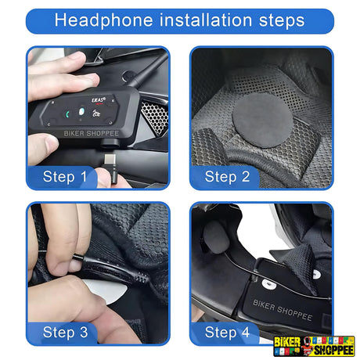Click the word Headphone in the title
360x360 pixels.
point(103,20)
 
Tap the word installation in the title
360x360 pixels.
point(206,20)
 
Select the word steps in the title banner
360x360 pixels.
point(282,21)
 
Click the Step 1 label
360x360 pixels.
point(65,177)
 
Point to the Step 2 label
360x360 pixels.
point(227,177)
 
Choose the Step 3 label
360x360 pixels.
point(65,333)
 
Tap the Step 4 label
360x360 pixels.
point(227,333)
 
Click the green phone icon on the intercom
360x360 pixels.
point(67,114)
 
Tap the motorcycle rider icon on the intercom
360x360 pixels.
point(95,113)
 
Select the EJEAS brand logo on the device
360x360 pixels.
point(99,100)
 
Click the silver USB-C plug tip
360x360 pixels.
point(110,159)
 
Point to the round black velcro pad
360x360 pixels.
point(262,121)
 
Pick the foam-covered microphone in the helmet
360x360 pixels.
point(216,237)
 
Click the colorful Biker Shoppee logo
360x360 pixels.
point(314,346)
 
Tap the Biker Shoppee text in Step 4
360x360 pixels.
point(283,310)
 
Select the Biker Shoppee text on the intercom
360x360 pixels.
point(92,134)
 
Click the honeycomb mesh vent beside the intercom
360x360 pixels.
point(154,117)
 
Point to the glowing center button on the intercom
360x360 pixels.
point(81,112)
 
